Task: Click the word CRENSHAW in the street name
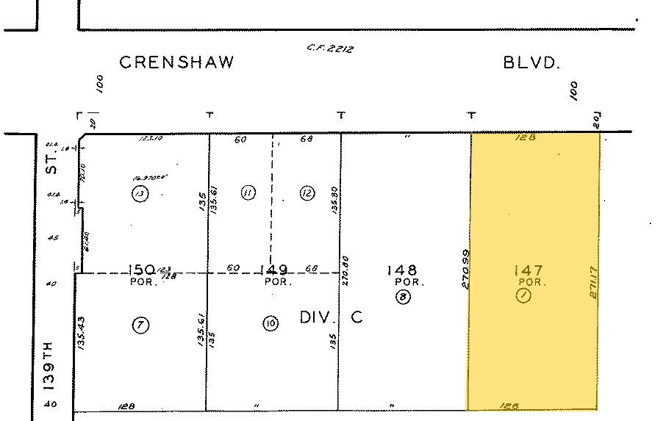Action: pyautogui.click(x=176, y=62)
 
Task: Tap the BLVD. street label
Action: pyautogui.click(x=531, y=62)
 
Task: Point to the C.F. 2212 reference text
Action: pyautogui.click(x=331, y=48)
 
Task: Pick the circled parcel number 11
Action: pyautogui.click(x=248, y=193)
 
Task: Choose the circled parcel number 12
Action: pyautogui.click(x=307, y=193)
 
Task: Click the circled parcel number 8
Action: pyautogui.click(x=402, y=297)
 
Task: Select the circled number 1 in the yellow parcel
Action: pyautogui.click(x=523, y=297)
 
